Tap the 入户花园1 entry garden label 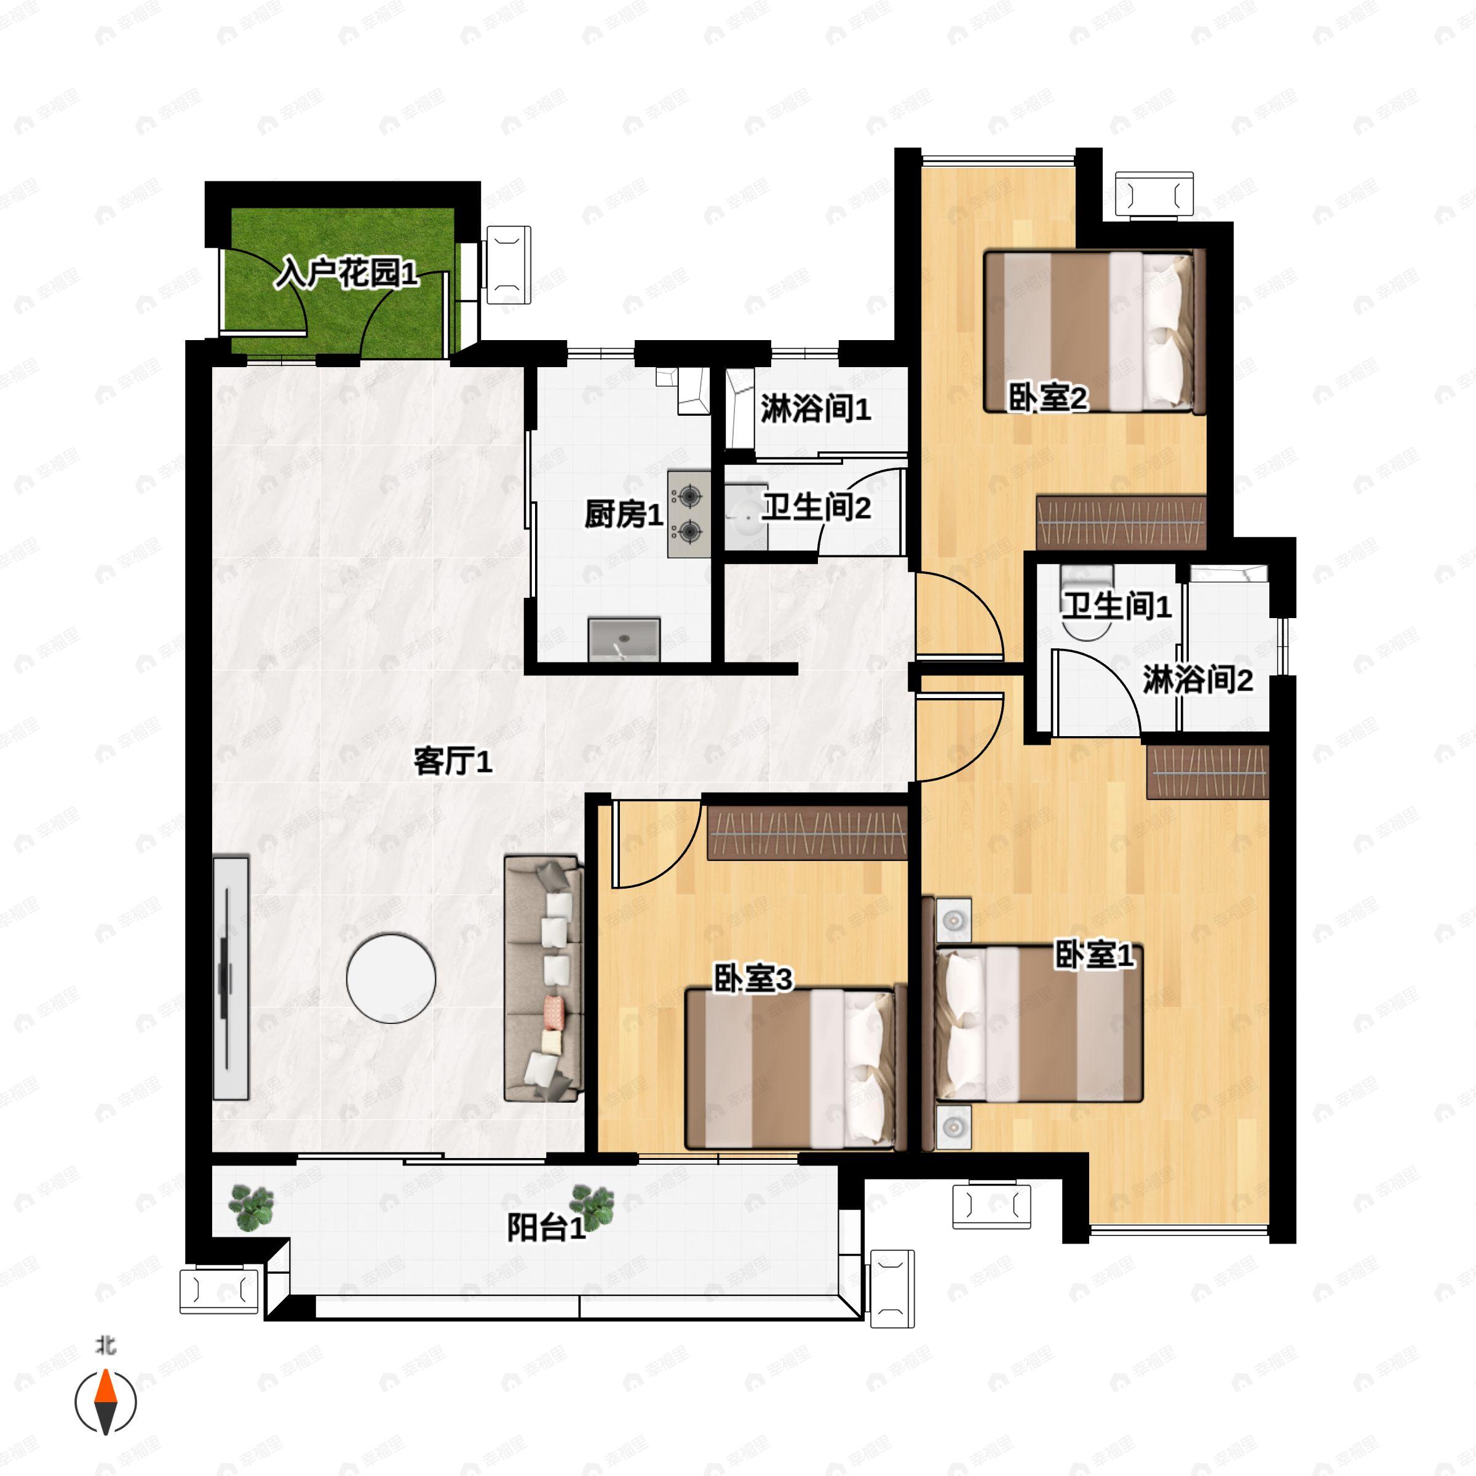point(346,272)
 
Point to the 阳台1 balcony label point(546,1229)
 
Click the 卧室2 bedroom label point(1047,397)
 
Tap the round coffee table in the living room point(391,978)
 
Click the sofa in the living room point(542,978)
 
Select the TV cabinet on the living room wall point(231,978)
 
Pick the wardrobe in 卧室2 point(1121,523)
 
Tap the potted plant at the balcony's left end point(252,1208)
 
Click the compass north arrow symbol point(105,1403)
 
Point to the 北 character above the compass point(105,1346)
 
